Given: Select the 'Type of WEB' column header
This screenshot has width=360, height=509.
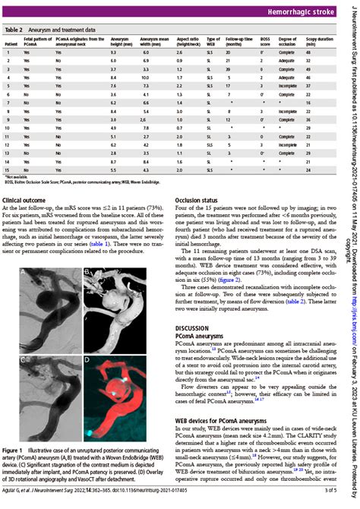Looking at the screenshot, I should coord(213,40).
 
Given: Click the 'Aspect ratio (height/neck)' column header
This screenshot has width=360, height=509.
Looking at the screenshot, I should coord(185,40).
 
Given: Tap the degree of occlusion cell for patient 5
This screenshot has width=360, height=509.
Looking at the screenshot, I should coord(287,87).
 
